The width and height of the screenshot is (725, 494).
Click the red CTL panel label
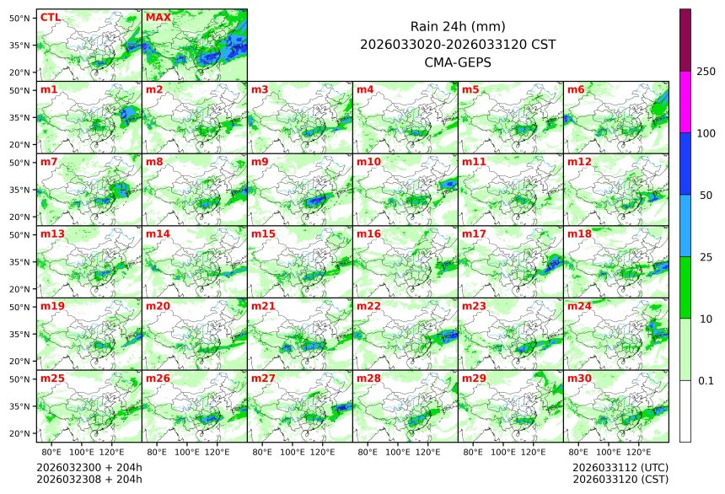coord(50,17)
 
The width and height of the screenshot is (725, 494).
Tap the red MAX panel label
coord(158,17)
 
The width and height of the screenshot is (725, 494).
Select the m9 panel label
coord(259,161)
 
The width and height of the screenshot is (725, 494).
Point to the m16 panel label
coord(368,234)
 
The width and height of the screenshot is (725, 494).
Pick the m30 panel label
coord(579,379)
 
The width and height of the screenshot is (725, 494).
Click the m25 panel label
coord(52,379)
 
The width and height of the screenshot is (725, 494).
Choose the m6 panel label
coord(576,89)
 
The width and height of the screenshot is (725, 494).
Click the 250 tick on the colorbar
coord(706,72)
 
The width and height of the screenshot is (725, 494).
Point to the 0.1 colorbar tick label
coord(706,380)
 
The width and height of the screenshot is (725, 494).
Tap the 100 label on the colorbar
coord(706,133)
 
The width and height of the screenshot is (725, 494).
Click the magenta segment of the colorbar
coord(685,102)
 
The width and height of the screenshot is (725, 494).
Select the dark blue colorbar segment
coord(685,164)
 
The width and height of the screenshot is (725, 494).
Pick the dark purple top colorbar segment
coord(685,40)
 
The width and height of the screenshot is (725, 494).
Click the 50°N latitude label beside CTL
coord(20,18)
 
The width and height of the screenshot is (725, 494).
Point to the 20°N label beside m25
coord(20,433)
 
